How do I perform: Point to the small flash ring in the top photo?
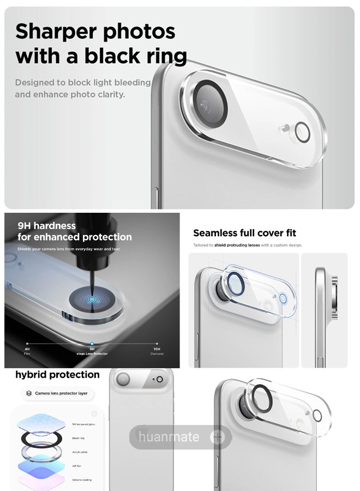tap(302, 131)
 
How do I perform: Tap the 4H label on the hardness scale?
tap(27, 349)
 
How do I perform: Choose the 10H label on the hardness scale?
tap(157, 349)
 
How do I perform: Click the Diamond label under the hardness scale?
tap(157, 354)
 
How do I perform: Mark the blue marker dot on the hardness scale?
tap(92, 344)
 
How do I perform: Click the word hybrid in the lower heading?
tap(31, 375)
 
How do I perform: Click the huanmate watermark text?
tap(169, 437)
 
